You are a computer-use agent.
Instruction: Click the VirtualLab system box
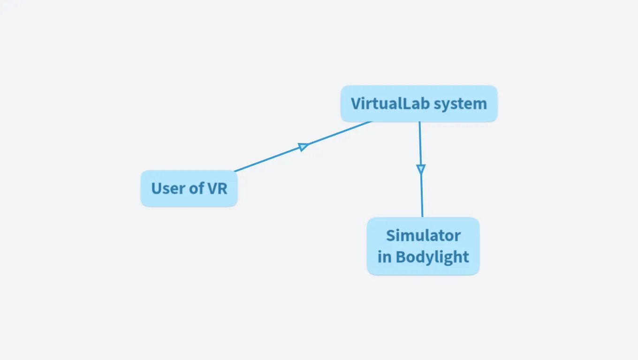pyautogui.click(x=418, y=104)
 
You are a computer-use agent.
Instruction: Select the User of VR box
pyautogui.click(x=189, y=188)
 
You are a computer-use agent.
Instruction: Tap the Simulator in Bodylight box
pyautogui.click(x=423, y=246)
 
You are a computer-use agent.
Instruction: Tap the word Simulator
pyautogui.click(x=423, y=235)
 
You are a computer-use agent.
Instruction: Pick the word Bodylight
pyautogui.click(x=432, y=257)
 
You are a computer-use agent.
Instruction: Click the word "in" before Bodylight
pyautogui.click(x=384, y=257)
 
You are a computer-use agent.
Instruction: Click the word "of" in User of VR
pyautogui.click(x=197, y=188)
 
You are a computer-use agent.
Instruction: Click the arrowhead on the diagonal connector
pyautogui.click(x=304, y=147)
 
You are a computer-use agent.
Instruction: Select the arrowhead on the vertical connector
pyautogui.click(x=421, y=169)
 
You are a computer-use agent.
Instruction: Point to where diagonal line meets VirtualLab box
pyautogui.click(x=371, y=122)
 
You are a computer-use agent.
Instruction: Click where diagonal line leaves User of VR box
pyautogui.click(x=235, y=171)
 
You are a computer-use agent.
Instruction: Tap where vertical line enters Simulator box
pyautogui.click(x=422, y=217)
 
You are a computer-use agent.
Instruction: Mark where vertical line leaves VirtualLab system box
pyautogui.click(x=419, y=122)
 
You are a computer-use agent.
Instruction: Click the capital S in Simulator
pyautogui.click(x=390, y=235)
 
